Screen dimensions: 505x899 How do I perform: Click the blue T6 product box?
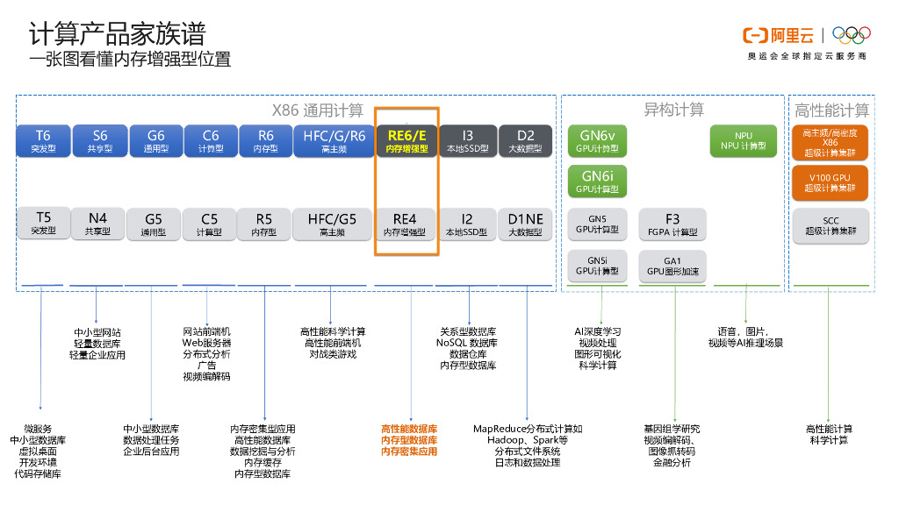43,141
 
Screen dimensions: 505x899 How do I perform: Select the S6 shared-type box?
99,141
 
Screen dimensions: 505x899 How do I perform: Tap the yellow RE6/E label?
406,135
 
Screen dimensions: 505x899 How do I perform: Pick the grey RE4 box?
405,224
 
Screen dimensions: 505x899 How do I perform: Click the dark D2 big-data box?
525,141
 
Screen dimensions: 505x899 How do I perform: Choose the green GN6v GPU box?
598,141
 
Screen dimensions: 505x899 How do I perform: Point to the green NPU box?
743,141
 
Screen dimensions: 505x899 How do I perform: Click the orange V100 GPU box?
830,182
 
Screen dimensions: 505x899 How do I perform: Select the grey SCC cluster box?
830,225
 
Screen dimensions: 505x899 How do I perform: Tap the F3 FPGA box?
672,224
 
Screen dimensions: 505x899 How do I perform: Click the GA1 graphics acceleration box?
672,266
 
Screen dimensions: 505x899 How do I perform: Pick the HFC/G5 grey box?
331,224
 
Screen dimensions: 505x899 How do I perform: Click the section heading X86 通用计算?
317,110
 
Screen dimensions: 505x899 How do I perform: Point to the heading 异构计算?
673,110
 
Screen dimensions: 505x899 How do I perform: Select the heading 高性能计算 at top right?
831,110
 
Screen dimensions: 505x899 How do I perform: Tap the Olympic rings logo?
851,34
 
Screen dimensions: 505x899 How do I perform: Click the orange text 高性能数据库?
408,429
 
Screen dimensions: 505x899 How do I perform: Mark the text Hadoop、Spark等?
527,440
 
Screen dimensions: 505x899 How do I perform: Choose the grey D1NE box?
525,224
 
